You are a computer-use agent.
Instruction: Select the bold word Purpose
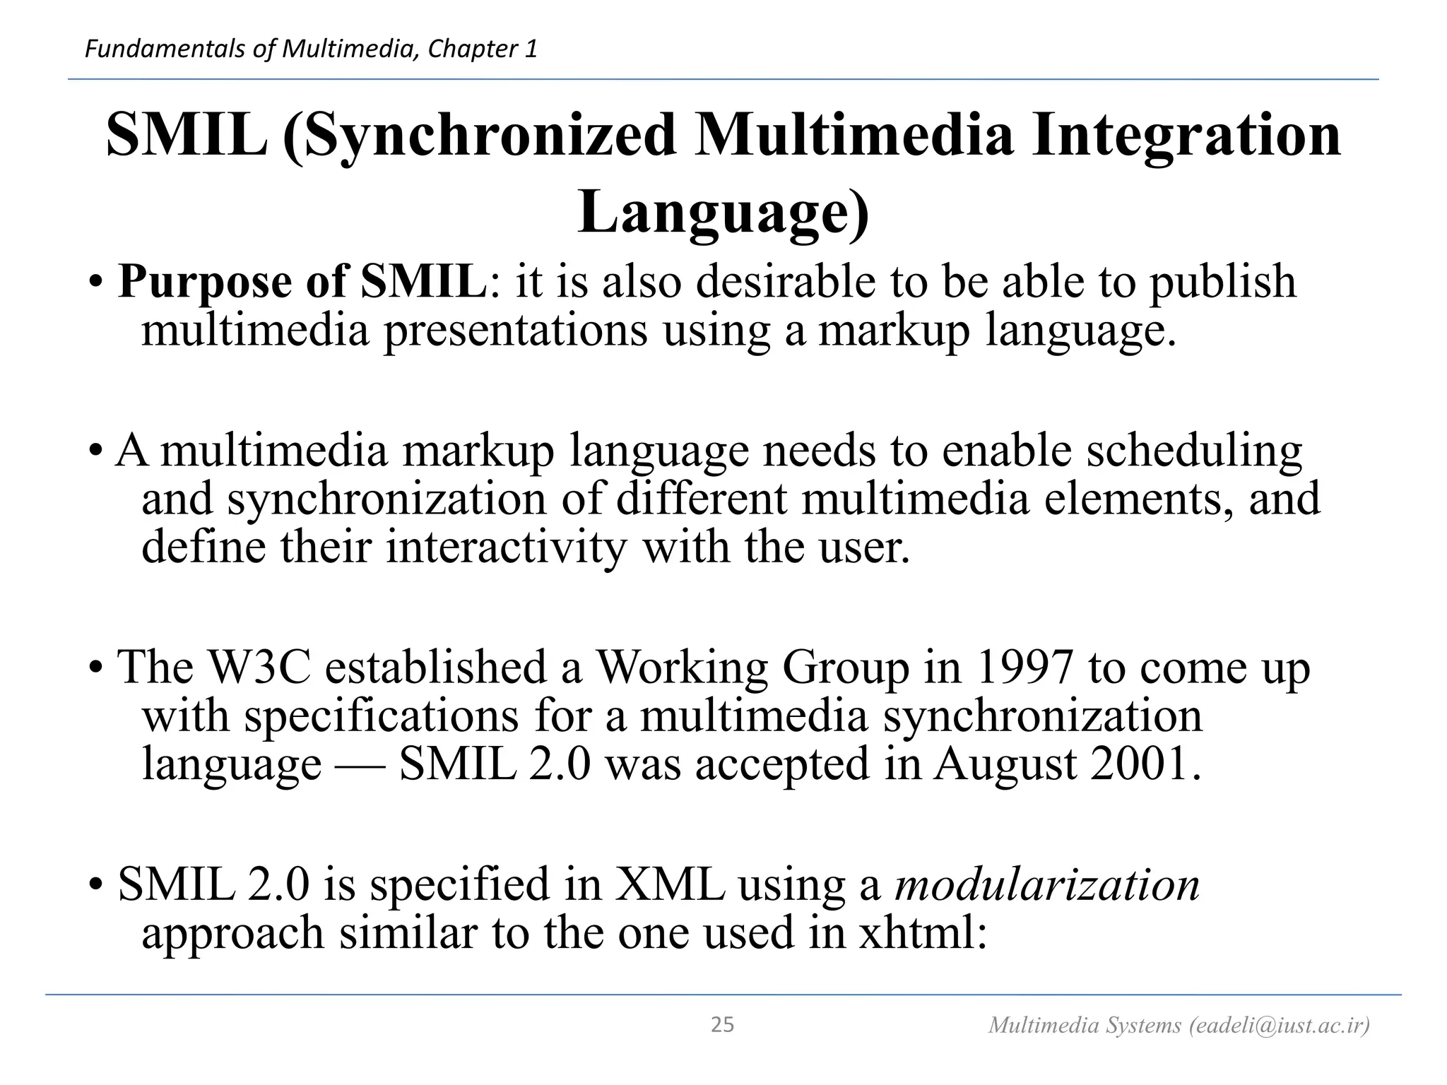(x=204, y=283)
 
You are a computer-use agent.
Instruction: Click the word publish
(x=1222, y=283)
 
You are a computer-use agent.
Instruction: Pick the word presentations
(x=515, y=331)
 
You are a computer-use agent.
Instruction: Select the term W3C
(x=261, y=667)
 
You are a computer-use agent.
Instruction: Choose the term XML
(x=670, y=884)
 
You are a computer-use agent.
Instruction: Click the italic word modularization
(x=1047, y=884)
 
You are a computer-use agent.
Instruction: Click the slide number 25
(x=722, y=1025)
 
